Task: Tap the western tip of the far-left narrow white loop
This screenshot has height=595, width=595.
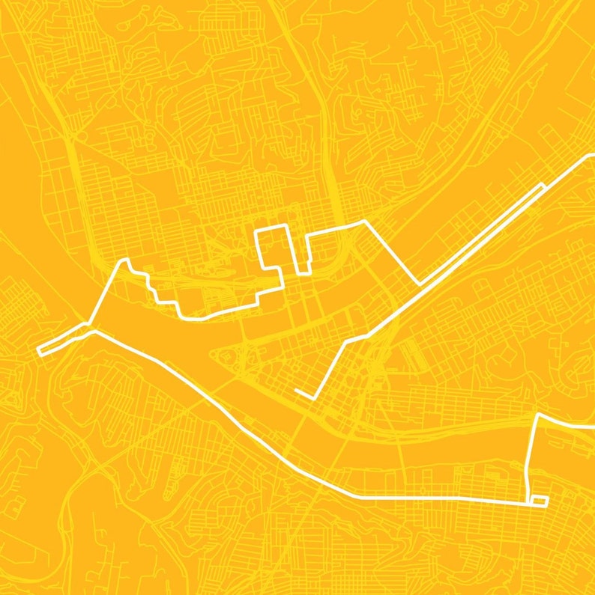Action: (38, 350)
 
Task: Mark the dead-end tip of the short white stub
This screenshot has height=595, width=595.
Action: (297, 390)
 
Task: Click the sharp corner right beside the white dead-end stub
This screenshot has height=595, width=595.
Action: (315, 398)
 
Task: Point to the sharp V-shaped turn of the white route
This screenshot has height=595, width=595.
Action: (419, 284)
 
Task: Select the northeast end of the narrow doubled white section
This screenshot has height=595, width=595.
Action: (544, 183)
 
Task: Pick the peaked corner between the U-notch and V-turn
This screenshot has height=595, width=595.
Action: (365, 222)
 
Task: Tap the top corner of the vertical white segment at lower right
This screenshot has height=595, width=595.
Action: (537, 414)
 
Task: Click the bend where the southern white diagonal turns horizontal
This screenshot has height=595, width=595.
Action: (358, 497)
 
